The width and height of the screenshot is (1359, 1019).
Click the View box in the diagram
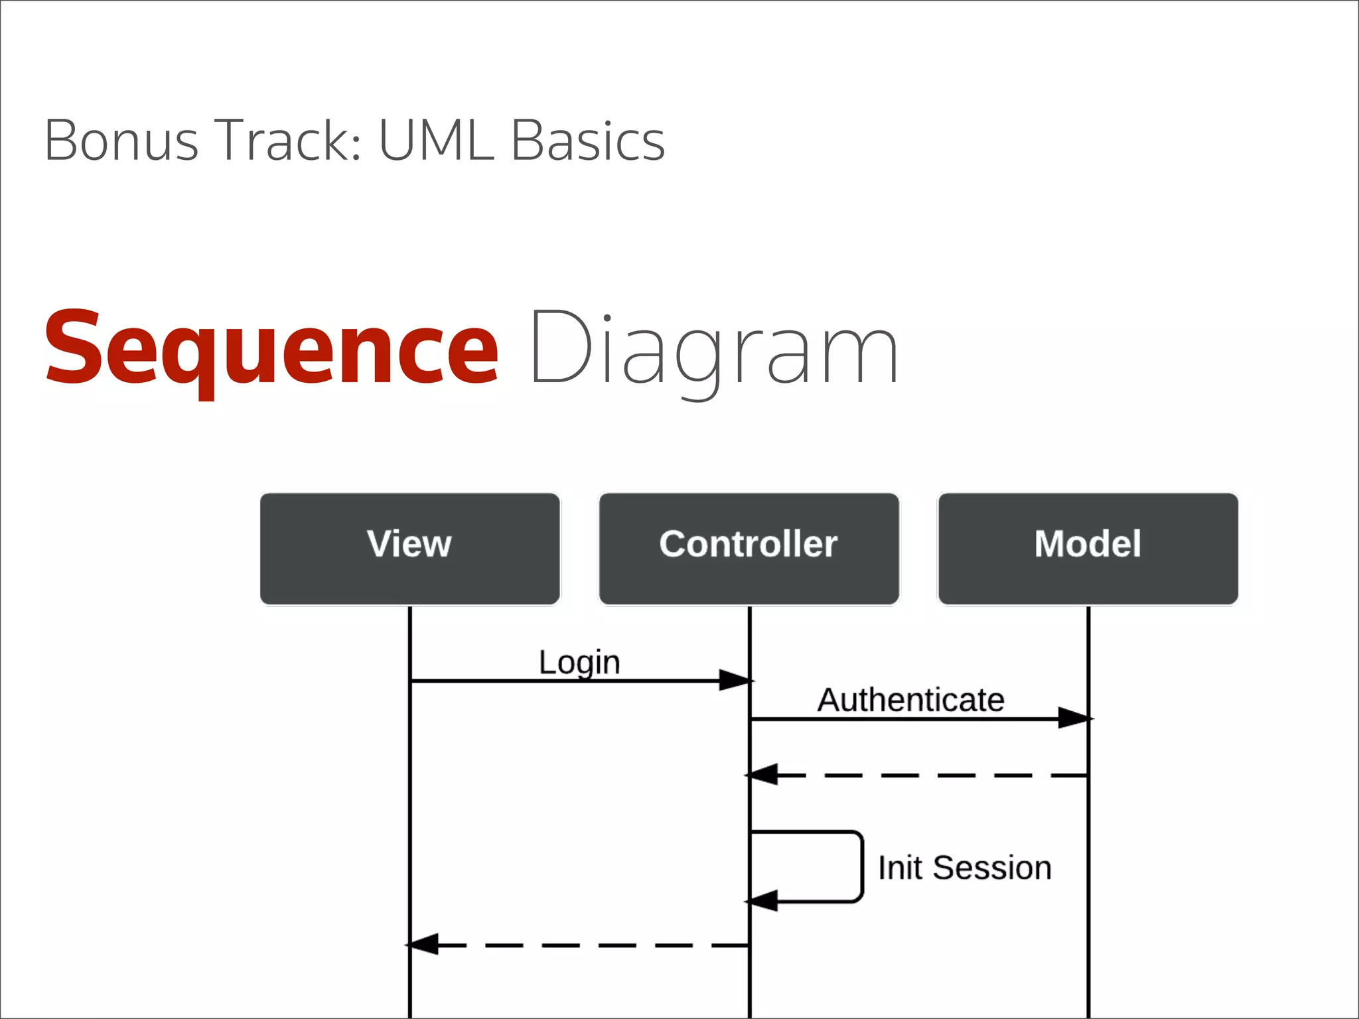[409, 549]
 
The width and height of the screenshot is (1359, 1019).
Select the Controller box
[749, 549]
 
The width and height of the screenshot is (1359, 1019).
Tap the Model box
[1088, 549]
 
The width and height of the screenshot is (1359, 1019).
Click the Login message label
[579, 662]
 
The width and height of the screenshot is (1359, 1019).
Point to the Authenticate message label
[910, 700]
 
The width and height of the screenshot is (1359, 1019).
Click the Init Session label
[964, 868]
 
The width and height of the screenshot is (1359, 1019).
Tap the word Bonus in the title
[121, 141]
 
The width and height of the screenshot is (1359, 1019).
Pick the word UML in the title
[436, 141]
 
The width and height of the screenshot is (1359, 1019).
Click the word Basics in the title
[588, 141]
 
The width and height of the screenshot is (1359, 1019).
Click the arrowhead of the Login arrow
[735, 681]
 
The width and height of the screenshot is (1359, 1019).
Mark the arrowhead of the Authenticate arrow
[1074, 718]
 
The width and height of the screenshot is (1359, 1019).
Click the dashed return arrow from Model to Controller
[929, 775]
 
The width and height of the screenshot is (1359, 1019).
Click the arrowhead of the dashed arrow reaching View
[423, 944]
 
